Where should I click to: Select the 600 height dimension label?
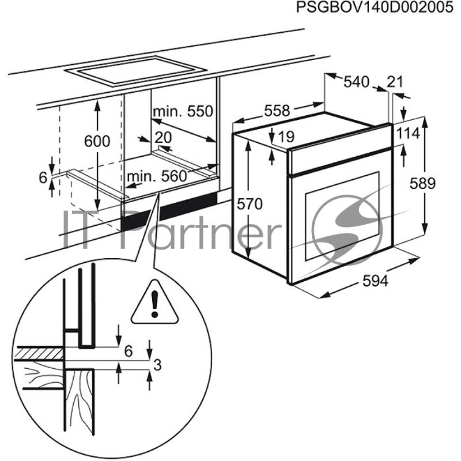[96, 141]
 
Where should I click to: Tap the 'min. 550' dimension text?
[183, 111]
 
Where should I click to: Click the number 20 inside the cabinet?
[164, 137]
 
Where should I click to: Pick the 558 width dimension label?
[277, 111]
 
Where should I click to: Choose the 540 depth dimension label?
[356, 82]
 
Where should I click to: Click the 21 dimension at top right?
[395, 82]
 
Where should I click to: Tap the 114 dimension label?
[407, 133]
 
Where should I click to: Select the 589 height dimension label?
[422, 183]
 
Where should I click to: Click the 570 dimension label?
[249, 203]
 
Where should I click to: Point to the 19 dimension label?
[286, 137]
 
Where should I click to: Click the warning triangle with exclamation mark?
[154, 301]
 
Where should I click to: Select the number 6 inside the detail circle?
[128, 350]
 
